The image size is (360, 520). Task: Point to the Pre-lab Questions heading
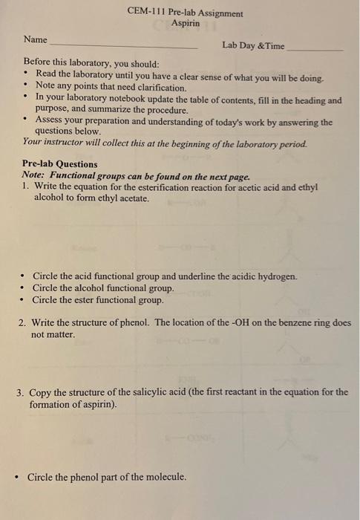[59, 164]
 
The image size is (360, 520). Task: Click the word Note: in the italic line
[34, 176]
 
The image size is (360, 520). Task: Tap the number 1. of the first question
[26, 187]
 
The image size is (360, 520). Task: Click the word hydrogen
[278, 276]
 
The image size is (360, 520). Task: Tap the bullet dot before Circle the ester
[25, 300]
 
